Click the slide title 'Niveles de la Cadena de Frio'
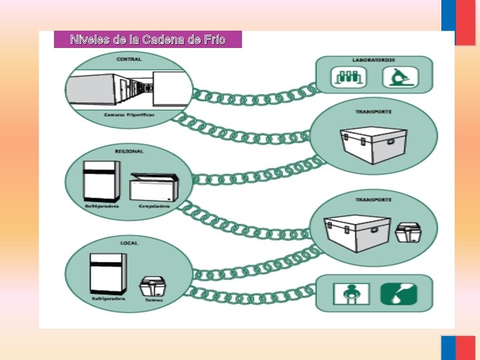(147, 40)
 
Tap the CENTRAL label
(129, 59)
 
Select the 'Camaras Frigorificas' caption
(129, 115)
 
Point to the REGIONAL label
(129, 151)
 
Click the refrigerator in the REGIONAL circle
(101, 181)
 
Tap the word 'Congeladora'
(154, 206)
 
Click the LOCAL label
(129, 243)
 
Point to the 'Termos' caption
(153, 299)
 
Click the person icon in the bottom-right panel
(348, 294)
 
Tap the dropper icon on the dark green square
(398, 294)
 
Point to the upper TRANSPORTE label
(373, 111)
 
